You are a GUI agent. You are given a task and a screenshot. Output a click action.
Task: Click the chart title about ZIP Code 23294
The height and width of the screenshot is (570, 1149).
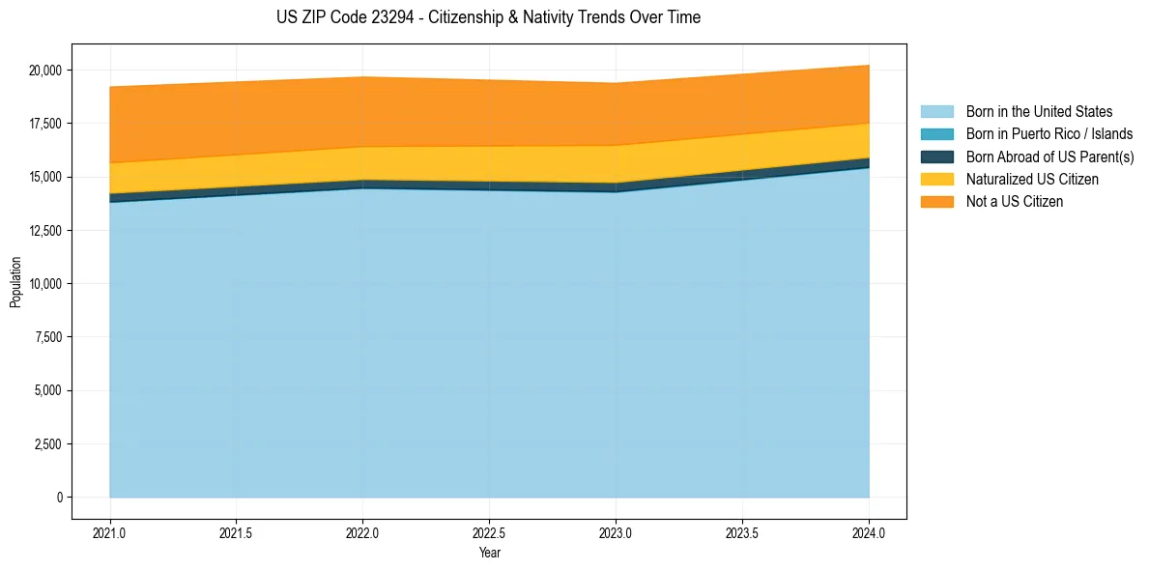[x=488, y=17]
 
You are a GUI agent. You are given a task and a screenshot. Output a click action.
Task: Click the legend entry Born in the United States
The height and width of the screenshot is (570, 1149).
[x=1039, y=112]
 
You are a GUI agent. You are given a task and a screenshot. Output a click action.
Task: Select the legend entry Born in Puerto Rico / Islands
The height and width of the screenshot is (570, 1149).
[x=1049, y=134]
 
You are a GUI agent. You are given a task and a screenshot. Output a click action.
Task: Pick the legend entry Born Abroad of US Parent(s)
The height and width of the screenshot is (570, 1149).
[x=1049, y=157]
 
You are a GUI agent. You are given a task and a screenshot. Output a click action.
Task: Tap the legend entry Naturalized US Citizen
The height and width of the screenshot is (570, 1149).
[x=1032, y=180]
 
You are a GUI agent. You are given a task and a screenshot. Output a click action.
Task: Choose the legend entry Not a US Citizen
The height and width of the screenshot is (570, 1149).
[x=1014, y=202]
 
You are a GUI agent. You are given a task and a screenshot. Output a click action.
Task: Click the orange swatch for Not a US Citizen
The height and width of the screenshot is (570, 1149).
[x=936, y=202]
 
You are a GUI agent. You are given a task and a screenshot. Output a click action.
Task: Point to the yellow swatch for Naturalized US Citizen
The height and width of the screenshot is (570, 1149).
[x=936, y=180]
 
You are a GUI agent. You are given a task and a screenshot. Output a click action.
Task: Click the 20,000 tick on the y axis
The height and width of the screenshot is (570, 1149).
[x=45, y=71]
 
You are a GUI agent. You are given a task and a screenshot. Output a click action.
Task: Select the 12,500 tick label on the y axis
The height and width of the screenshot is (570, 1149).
[x=45, y=231]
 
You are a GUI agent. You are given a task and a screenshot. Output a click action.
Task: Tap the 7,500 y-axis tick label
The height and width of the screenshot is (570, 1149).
[x=48, y=337]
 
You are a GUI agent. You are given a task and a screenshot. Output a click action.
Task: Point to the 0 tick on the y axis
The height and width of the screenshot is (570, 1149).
[x=60, y=498]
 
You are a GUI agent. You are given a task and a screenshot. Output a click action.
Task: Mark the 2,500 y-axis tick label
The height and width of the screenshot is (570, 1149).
[x=48, y=444]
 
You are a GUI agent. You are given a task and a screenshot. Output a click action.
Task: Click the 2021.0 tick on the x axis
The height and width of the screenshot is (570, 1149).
[x=110, y=532]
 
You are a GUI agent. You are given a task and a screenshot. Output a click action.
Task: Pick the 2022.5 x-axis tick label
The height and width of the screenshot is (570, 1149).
[x=489, y=532]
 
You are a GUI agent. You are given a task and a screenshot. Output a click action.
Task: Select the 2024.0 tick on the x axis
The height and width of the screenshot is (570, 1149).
[x=869, y=532]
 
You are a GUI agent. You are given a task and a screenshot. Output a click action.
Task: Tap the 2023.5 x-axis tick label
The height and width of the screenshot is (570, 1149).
[x=742, y=532]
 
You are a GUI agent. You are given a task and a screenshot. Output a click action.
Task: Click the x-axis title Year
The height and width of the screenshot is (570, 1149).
[x=489, y=554]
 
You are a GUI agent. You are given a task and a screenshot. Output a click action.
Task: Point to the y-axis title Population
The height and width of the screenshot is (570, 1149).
[x=15, y=282]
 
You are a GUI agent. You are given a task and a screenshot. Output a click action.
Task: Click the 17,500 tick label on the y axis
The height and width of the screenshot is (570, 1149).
[x=45, y=124]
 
